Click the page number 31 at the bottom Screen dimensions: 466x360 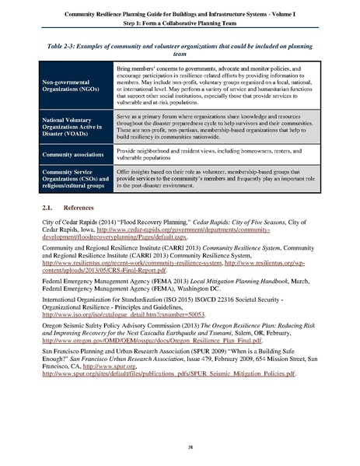(x=180, y=447)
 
